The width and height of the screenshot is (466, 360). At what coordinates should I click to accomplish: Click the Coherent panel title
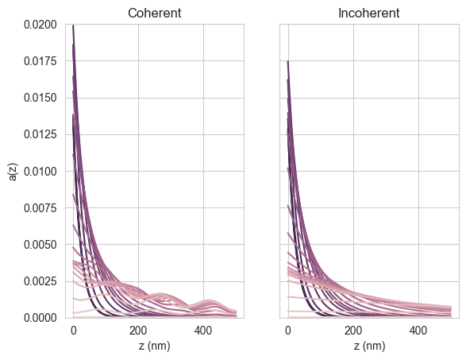[x=155, y=13]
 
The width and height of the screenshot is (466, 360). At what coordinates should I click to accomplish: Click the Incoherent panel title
[x=369, y=13]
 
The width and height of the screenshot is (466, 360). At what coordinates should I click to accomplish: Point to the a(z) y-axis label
[x=13, y=172]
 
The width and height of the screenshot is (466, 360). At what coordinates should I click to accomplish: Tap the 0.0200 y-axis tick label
[x=40, y=25]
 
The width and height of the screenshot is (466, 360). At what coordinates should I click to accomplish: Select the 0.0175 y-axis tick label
[x=40, y=61]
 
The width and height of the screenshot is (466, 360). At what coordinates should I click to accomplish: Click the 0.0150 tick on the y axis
[x=40, y=98]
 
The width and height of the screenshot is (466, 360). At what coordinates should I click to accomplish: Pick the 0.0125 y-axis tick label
[x=40, y=134]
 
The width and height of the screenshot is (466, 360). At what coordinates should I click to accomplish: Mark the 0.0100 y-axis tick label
[x=40, y=172]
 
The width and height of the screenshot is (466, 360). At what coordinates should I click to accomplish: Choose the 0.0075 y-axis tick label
[x=40, y=208]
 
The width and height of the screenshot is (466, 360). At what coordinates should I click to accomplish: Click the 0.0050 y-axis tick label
[x=40, y=245]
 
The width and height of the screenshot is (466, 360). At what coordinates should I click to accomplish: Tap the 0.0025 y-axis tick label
[x=40, y=281]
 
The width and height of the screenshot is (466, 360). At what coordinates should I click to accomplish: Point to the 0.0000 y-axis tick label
[x=40, y=318]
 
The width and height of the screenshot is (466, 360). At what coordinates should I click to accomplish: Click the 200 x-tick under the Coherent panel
[x=138, y=331]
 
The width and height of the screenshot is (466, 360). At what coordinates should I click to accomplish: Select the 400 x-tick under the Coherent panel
[x=203, y=331]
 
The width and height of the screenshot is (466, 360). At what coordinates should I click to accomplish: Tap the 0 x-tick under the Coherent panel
[x=73, y=331]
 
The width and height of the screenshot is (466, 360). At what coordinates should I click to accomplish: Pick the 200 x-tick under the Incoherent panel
[x=353, y=331]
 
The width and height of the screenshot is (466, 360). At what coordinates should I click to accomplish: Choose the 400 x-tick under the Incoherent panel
[x=418, y=331]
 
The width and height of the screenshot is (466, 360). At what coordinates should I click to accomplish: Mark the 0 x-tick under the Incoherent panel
[x=288, y=331]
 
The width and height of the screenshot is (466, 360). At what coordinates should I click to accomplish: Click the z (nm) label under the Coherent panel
[x=155, y=346]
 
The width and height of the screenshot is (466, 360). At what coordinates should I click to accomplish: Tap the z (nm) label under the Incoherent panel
[x=369, y=346]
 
